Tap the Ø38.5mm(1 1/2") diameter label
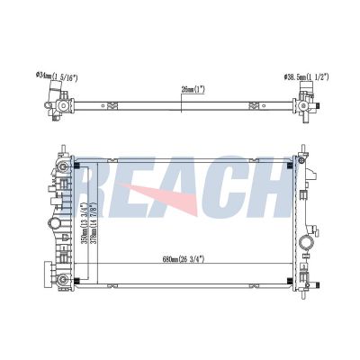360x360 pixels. click(306, 78)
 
